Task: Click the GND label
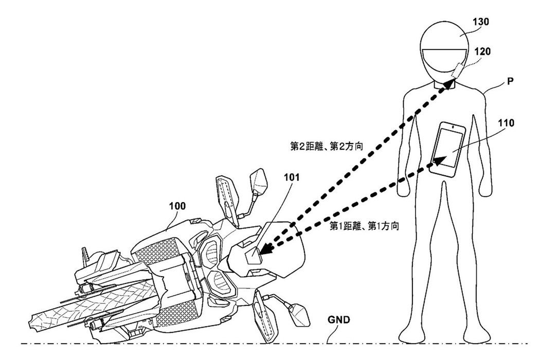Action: [x=339, y=319]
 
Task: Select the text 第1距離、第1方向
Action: [x=364, y=225]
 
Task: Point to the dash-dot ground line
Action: [x=206, y=343]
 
